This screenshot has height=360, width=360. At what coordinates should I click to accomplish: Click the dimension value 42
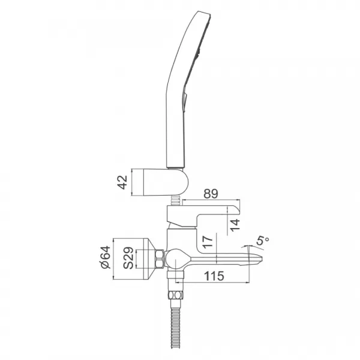tap(122, 182)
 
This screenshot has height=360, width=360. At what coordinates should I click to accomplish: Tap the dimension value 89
tap(211, 194)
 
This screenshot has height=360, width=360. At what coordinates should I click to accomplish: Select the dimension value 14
tap(235, 225)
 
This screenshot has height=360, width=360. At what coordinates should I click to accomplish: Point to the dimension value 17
tap(208, 242)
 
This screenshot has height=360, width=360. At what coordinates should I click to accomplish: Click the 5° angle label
tap(262, 241)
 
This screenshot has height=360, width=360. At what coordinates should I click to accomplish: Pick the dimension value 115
tap(214, 276)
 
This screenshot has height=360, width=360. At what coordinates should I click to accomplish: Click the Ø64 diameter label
tap(106, 257)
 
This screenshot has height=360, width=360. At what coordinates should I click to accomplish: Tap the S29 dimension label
tap(128, 257)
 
